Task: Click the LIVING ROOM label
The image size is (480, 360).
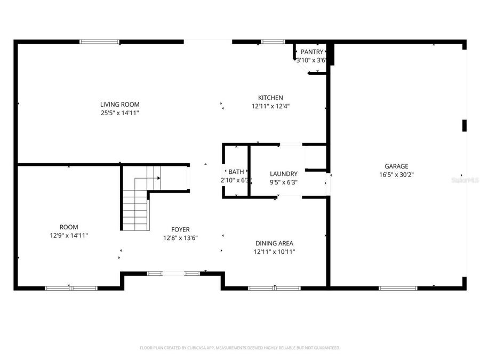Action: click(120, 105)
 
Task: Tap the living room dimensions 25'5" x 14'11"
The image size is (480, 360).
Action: click(120, 113)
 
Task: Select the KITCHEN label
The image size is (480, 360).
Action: click(270, 98)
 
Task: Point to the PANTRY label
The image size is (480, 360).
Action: click(311, 52)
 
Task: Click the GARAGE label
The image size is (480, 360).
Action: click(396, 166)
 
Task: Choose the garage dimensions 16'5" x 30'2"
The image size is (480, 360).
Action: click(396, 174)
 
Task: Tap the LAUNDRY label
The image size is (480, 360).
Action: click(283, 174)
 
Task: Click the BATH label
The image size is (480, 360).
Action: click(236, 172)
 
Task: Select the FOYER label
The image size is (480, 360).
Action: click(180, 230)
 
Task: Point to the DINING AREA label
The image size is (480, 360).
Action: click(274, 243)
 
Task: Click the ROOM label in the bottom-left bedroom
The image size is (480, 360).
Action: click(69, 227)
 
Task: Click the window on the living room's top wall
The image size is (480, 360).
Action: click(99, 42)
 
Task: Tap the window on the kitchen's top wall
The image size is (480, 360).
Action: click(273, 42)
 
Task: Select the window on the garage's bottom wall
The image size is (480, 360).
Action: click(397, 288)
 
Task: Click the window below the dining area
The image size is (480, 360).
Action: click(274, 288)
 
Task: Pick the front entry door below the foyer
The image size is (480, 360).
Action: click(173, 274)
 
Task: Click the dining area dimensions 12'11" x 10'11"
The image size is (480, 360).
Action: click(274, 252)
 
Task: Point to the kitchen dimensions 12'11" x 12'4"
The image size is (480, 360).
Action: click(270, 106)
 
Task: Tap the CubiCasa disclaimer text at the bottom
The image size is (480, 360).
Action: click(239, 348)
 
